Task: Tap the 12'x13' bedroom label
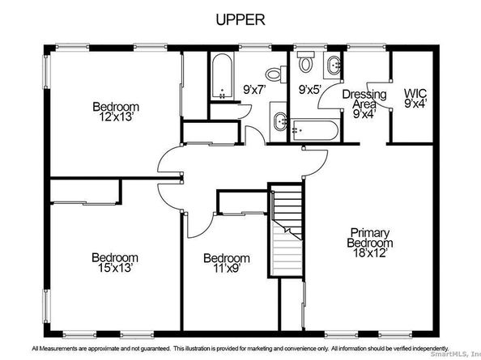pos(115,112)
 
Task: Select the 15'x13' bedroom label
pos(112,257)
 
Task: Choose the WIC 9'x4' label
pos(416,99)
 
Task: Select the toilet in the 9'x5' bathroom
pos(305,61)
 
